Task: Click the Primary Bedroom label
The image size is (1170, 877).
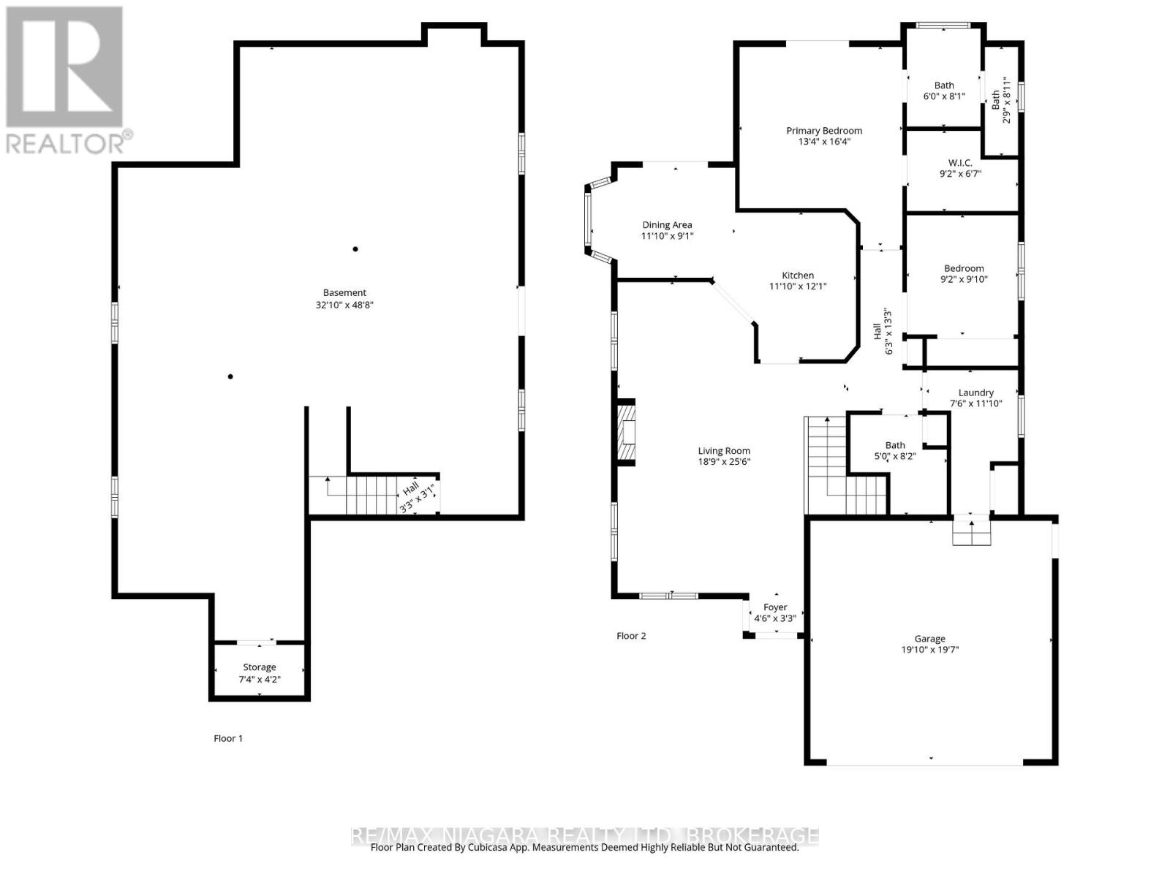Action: pos(824,131)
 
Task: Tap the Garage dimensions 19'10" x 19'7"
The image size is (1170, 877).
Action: pos(929,649)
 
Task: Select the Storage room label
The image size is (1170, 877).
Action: pos(260,667)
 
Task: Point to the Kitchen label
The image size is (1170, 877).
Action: pos(798,276)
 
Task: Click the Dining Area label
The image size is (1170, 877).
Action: pos(667,225)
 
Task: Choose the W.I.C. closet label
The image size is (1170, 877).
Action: pos(960,163)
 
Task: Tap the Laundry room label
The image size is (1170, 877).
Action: pos(975,392)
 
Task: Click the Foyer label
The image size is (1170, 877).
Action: pos(775,607)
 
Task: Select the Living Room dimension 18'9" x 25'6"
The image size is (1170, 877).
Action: pos(724,461)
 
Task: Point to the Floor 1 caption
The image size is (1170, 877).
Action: pos(228,738)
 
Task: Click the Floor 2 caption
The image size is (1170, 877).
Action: pos(631,636)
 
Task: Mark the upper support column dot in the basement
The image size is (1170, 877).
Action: pos(355,249)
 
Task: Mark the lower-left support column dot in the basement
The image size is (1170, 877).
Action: pos(230,376)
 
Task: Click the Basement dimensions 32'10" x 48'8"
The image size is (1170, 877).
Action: pos(344,305)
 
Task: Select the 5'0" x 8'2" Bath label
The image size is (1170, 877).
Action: pos(895,450)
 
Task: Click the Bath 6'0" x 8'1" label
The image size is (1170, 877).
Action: pos(943,91)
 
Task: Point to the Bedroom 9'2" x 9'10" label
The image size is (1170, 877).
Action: pos(963,273)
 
